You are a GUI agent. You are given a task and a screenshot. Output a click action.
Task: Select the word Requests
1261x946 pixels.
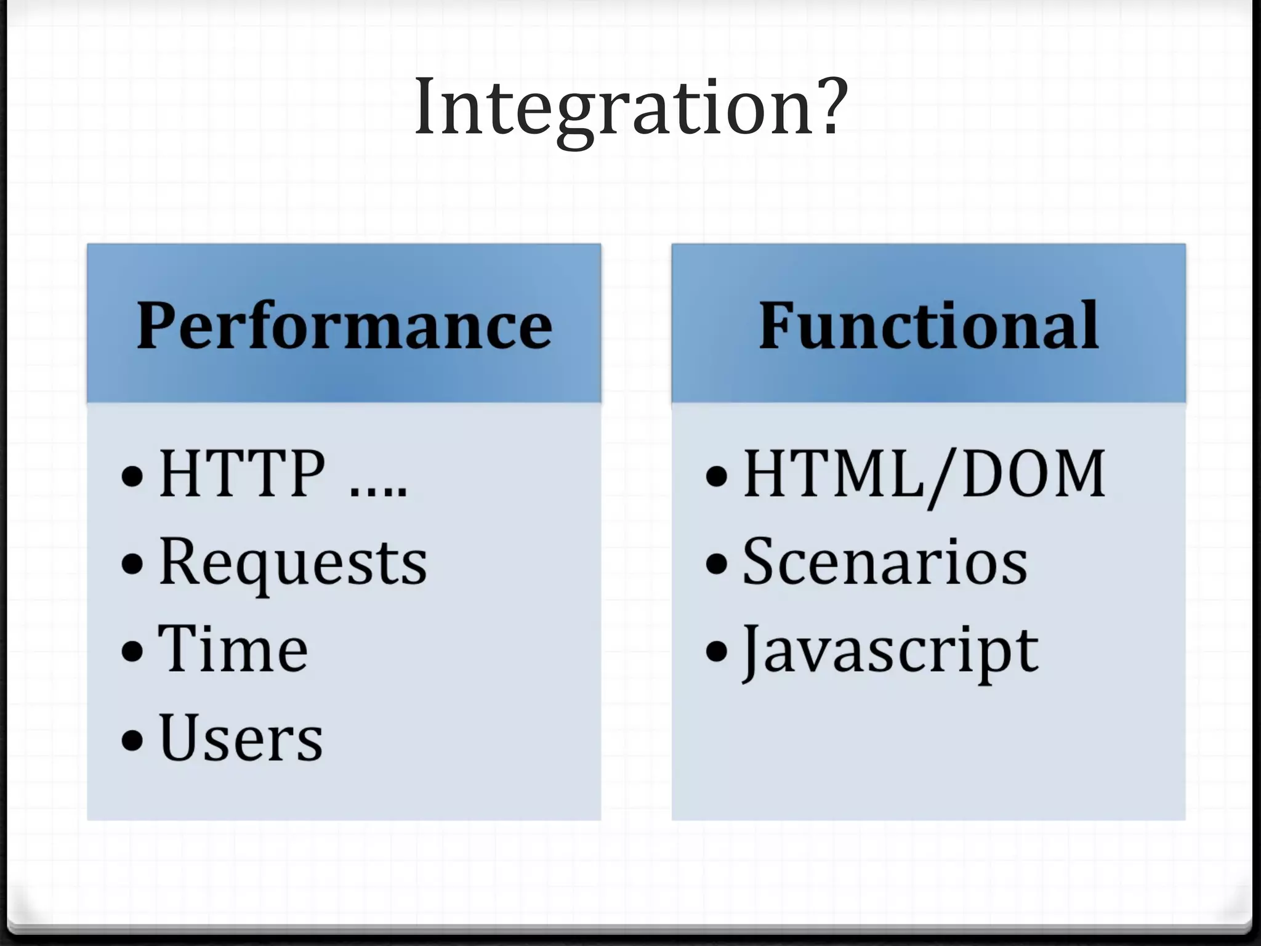pos(292,562)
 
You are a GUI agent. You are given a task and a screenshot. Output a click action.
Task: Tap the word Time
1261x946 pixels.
pos(233,649)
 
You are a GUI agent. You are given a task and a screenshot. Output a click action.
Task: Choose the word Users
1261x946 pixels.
pos(241,738)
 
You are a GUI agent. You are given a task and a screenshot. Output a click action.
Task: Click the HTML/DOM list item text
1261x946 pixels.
pos(924,474)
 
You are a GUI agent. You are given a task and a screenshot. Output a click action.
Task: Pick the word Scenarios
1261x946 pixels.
pos(885,562)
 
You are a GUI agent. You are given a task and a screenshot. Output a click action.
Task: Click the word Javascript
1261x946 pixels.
pos(890,650)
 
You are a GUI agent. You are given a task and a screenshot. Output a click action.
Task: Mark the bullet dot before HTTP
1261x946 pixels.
pos(132,475)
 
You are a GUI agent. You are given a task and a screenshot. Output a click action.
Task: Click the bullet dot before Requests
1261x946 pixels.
pos(132,562)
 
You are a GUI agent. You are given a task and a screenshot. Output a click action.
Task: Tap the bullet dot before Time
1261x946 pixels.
pos(132,650)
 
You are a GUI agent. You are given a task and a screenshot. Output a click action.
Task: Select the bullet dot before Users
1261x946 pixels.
pos(132,738)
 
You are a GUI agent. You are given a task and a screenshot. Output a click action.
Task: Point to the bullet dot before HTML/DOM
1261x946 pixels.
pos(717,475)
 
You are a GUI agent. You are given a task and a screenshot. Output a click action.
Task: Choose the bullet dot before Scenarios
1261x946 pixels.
pos(717,562)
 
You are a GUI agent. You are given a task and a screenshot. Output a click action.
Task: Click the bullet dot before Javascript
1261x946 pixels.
pos(717,650)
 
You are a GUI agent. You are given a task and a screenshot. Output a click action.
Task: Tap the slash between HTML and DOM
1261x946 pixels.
pos(943,477)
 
